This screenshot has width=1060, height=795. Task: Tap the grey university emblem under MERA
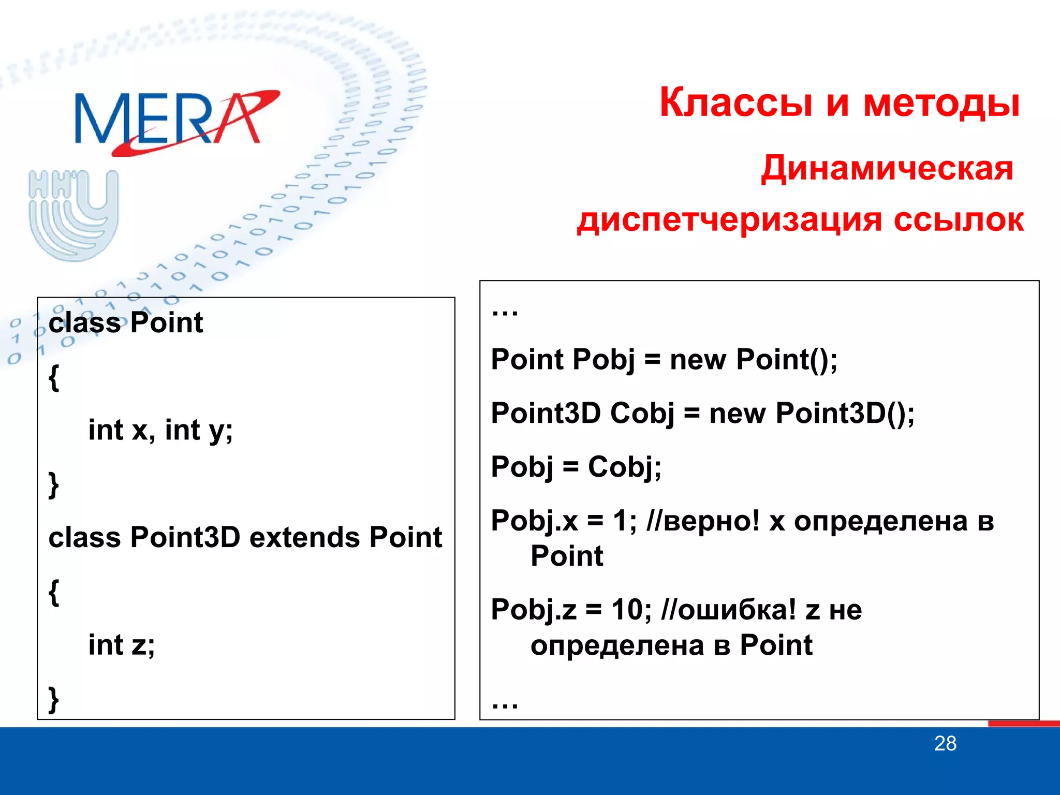pyautogui.click(x=74, y=215)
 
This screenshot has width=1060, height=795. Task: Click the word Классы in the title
pyautogui.click(x=735, y=102)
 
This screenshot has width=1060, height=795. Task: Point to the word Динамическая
pyautogui.click(x=887, y=168)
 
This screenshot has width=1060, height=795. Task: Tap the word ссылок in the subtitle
pyautogui.click(x=959, y=220)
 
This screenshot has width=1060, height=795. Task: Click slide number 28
pyautogui.click(x=945, y=744)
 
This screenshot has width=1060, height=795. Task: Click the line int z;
pyautogui.click(x=122, y=645)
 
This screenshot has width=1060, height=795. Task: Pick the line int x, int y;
pyautogui.click(x=160, y=430)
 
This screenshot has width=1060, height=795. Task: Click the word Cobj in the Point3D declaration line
pyautogui.click(x=642, y=414)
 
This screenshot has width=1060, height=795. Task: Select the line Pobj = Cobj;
pyautogui.click(x=576, y=467)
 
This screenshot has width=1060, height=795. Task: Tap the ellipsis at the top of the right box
pyautogui.click(x=505, y=312)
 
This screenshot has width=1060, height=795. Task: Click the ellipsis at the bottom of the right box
pyautogui.click(x=505, y=704)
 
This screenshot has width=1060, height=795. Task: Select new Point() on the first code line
pyautogui.click(x=753, y=360)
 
